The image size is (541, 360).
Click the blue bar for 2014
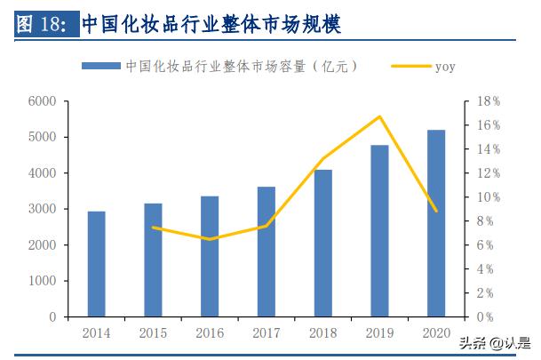coord(97,263)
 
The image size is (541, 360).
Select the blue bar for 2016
coord(210,256)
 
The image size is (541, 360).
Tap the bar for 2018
coord(323,243)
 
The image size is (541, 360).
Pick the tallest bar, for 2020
coord(436,223)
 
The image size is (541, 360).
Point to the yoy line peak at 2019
coord(379,116)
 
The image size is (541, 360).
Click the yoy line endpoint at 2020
coord(436,211)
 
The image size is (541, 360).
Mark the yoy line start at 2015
coord(154,227)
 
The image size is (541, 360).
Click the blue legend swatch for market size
coord(102,66)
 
